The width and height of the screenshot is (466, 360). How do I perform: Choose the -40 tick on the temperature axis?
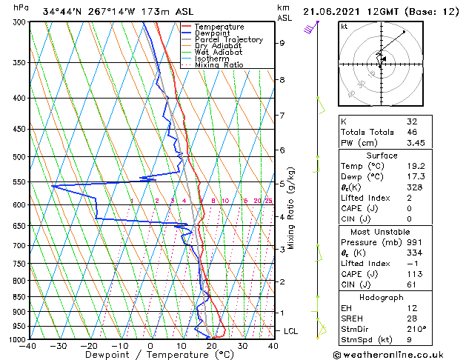coord(28,346)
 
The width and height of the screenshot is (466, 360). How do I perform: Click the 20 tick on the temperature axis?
coord(212,346)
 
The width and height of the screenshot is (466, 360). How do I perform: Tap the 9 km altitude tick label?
coord(282,43)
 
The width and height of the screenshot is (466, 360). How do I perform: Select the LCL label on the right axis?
coord(290,331)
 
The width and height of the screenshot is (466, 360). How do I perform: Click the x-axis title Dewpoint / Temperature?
coord(150,355)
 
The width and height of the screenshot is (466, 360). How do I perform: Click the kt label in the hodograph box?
coord(344,27)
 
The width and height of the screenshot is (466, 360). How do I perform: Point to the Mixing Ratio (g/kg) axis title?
coord(291,207)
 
